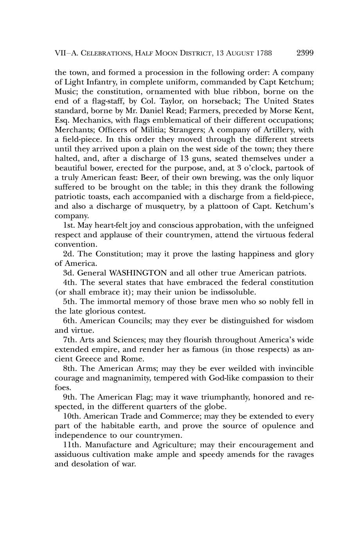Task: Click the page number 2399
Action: coord(305,53)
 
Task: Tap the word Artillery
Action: coord(277,130)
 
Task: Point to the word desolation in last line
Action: coord(88,464)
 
